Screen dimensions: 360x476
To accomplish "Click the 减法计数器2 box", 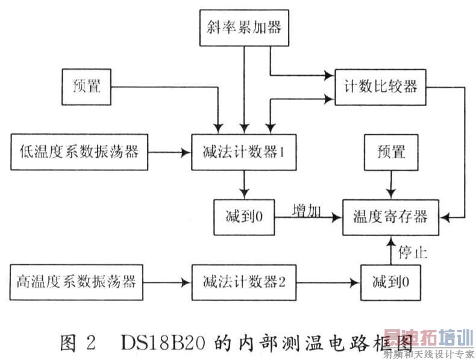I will pos(243,281).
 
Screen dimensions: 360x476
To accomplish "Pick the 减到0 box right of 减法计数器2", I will pos(390,281).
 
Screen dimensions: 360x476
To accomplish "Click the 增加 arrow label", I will pos(306,211).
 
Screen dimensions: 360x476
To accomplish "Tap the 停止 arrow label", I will pos(412,252).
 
